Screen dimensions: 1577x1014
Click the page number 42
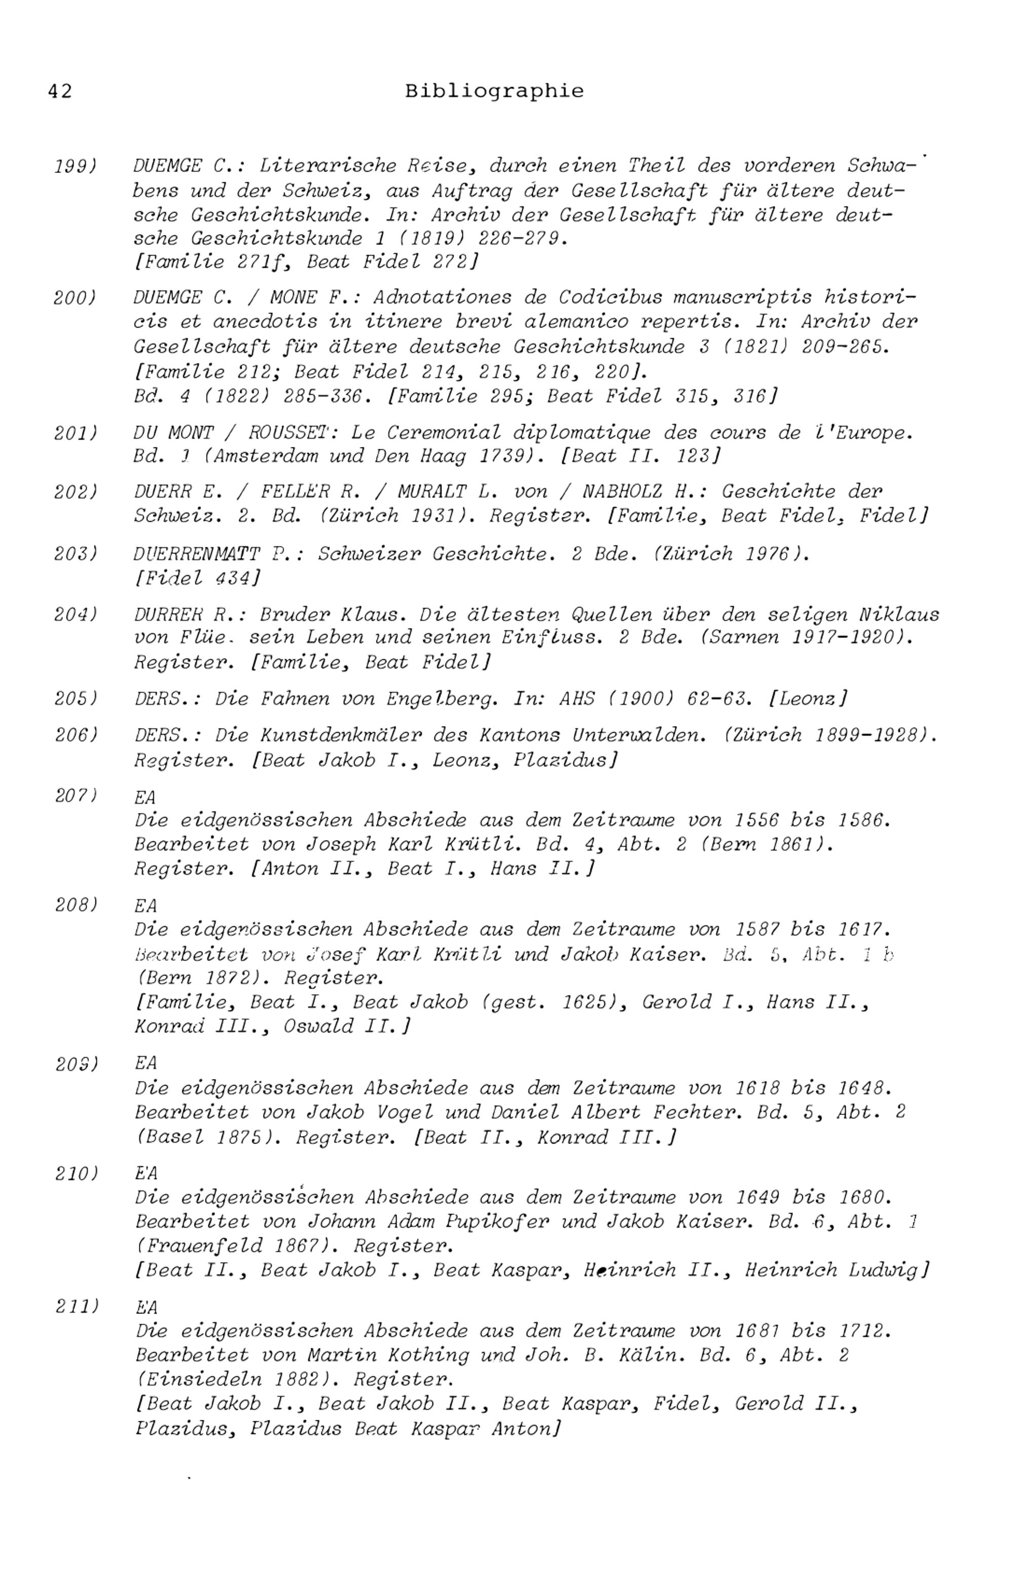[x=60, y=91]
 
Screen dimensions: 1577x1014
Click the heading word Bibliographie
[x=494, y=91]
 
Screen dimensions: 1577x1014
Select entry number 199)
[x=76, y=166]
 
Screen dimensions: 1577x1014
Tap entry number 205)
[x=76, y=698]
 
